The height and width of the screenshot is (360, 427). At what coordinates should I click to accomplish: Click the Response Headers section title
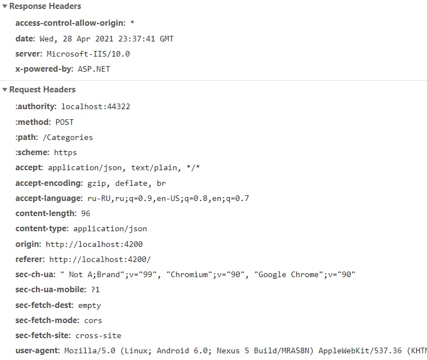45,6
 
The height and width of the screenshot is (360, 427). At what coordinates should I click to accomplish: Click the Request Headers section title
42,90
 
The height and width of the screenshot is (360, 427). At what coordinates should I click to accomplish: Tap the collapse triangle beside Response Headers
4,6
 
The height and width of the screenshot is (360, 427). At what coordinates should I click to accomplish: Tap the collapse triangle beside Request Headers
4,90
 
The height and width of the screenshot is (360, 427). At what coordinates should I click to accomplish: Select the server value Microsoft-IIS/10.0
89,54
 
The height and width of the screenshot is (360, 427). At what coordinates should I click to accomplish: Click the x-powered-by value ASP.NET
94,69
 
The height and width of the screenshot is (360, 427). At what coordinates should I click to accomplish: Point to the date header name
25,39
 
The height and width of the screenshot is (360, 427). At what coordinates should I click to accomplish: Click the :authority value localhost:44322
96,106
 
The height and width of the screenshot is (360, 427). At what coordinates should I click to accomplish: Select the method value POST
64,122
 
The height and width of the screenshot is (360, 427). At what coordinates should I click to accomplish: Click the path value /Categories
68,137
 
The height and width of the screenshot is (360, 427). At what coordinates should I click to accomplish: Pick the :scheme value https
66,152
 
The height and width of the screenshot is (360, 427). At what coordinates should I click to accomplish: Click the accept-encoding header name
49,183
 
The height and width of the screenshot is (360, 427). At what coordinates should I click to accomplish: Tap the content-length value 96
86,213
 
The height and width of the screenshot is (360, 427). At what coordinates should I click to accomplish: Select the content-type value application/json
110,228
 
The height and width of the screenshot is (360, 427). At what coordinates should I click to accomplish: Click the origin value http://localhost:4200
94,244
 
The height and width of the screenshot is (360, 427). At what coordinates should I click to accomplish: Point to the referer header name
30,259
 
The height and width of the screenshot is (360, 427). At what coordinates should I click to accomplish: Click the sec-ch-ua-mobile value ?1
95,290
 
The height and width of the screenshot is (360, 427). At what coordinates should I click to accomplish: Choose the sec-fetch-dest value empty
90,305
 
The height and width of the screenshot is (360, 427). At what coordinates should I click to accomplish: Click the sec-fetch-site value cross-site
99,335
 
